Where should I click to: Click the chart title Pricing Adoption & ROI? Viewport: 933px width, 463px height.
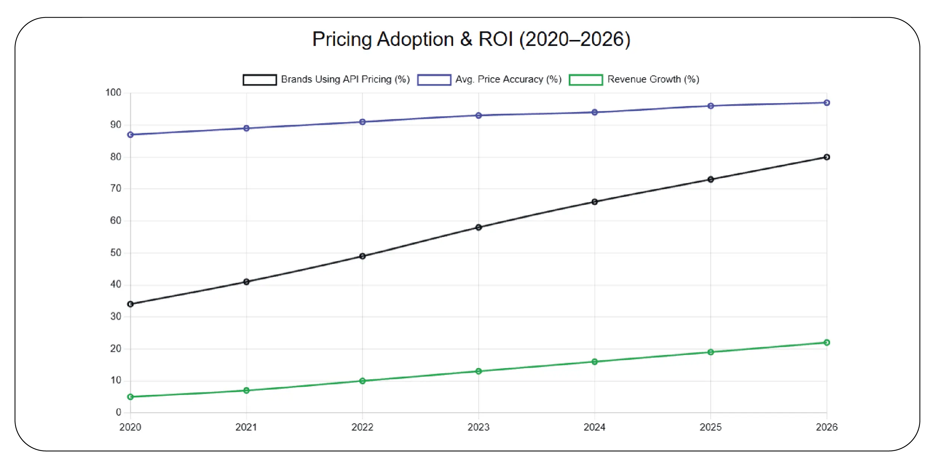click(471, 39)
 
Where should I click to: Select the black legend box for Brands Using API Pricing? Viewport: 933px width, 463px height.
click(260, 80)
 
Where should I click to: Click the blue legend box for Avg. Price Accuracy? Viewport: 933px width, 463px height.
click(434, 80)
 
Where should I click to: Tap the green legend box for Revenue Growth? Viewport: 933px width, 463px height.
click(586, 80)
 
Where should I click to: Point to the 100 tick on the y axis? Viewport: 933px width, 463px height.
click(113, 93)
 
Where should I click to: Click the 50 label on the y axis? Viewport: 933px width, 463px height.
click(115, 253)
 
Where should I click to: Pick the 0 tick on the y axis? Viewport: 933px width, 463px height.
click(118, 412)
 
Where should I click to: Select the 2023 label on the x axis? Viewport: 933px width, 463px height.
click(478, 427)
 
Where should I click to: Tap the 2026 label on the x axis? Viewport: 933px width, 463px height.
click(827, 427)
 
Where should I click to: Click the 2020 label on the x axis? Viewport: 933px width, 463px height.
click(130, 427)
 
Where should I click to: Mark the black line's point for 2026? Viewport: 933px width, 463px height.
click(827, 157)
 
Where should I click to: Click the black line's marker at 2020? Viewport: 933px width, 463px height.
click(130, 304)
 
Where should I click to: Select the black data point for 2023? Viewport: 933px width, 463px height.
click(479, 227)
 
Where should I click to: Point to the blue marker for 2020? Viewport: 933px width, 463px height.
click(130, 135)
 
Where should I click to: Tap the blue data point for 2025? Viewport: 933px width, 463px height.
click(711, 106)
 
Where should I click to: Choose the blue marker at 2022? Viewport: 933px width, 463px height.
click(362, 122)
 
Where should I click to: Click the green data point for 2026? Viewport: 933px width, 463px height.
click(827, 343)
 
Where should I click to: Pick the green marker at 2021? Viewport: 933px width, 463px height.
click(247, 391)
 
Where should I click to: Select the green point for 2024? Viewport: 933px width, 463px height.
click(594, 362)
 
